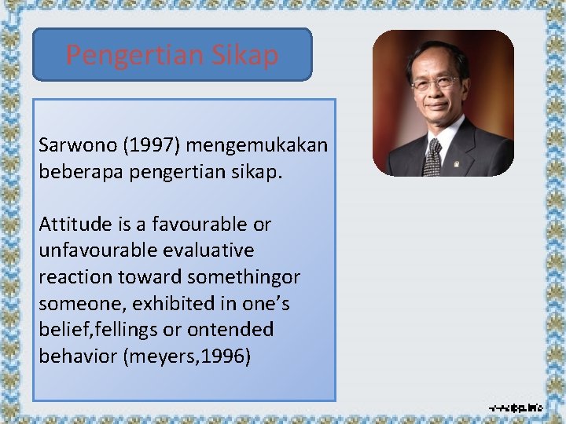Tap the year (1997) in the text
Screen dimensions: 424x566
[145, 145]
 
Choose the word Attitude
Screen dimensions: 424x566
[72, 224]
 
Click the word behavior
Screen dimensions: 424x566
[76, 356]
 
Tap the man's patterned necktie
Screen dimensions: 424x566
[432, 157]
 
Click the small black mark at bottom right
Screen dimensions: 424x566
[514, 408]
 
